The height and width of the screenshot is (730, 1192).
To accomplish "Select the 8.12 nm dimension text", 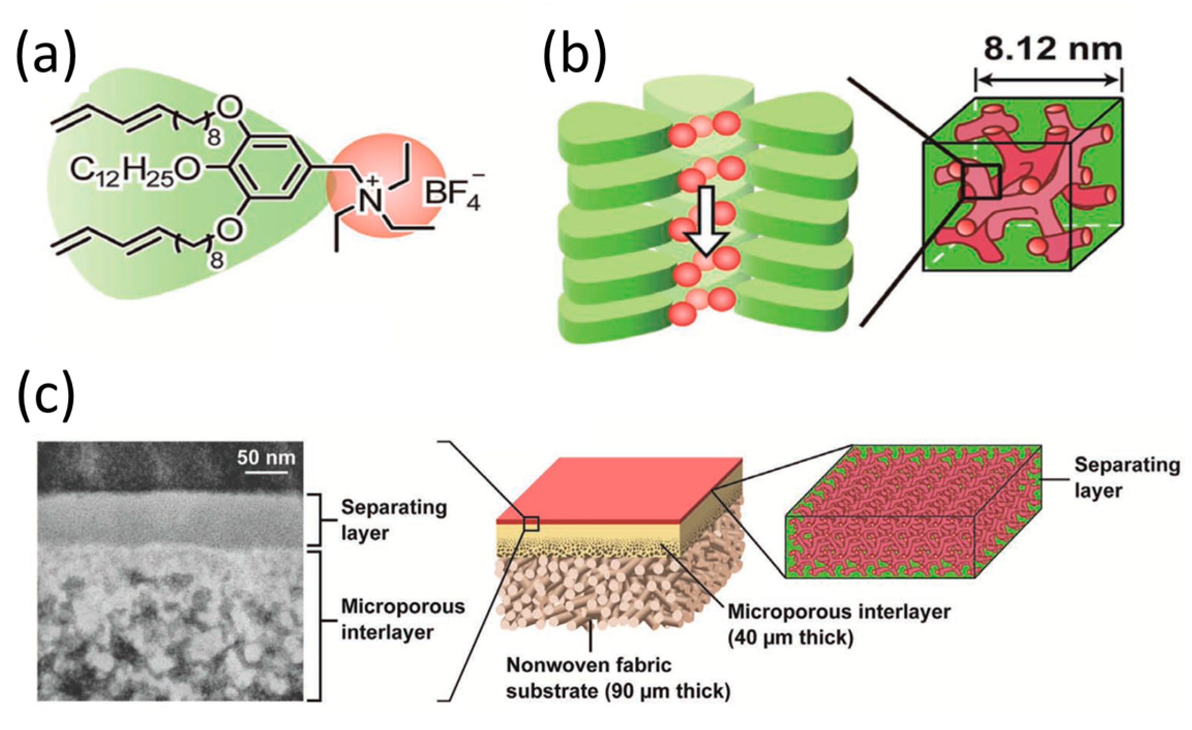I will [1052, 49].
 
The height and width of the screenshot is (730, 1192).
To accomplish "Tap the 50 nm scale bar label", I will [266, 457].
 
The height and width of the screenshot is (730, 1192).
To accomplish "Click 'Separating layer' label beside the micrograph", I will [393, 520].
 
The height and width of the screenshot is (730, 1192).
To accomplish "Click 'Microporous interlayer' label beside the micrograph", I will [402, 619].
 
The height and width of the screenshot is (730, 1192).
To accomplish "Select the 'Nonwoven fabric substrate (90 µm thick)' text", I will [618, 677].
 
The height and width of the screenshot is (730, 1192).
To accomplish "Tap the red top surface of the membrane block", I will [621, 489].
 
